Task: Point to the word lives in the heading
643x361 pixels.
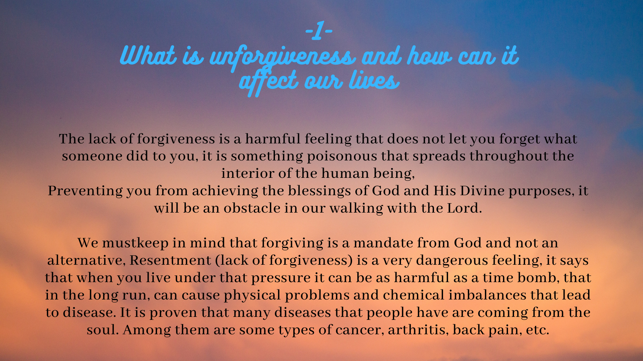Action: (374, 80)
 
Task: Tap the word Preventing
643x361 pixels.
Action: (85, 191)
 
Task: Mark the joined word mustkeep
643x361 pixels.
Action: (135, 243)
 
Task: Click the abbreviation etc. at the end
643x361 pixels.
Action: (537, 330)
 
